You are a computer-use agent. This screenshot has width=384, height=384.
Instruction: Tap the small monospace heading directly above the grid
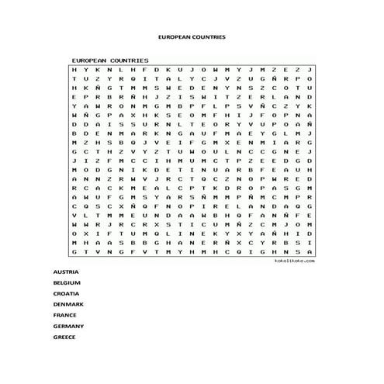point(110,60)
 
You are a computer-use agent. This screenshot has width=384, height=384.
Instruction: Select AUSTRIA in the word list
point(65,273)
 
